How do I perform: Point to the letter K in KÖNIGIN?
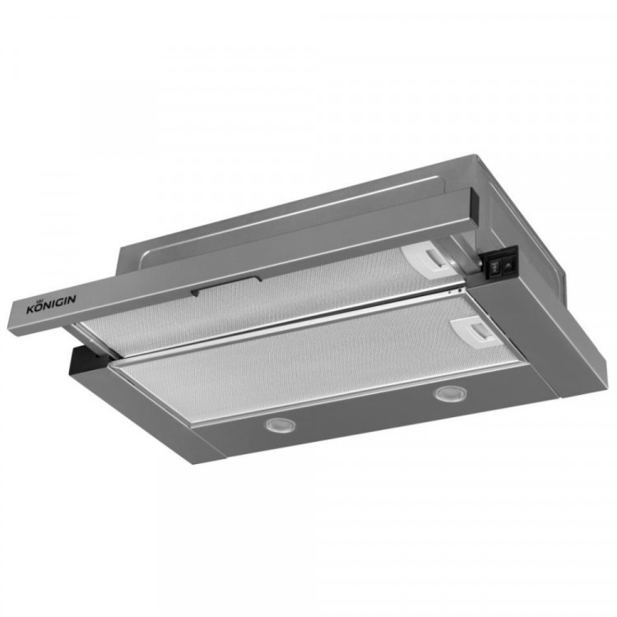(30, 309)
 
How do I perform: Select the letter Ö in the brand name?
(38, 307)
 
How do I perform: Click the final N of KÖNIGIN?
(72, 299)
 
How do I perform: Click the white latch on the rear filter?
(427, 259)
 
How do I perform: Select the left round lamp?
(280, 425)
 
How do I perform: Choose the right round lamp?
(451, 394)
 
